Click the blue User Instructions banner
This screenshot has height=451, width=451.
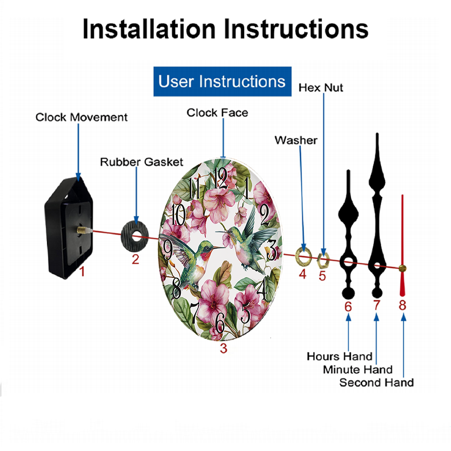pyautogui.click(x=222, y=81)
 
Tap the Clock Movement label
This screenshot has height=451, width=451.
pyautogui.click(x=81, y=117)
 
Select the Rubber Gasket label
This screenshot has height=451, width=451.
pyautogui.click(x=142, y=162)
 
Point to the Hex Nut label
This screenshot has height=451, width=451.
pyautogui.click(x=321, y=88)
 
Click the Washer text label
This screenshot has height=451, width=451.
pyautogui.click(x=296, y=140)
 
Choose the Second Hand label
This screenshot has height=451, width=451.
pyautogui.click(x=377, y=382)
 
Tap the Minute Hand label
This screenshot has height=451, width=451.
pyautogui.click(x=358, y=370)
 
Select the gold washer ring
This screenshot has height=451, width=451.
pyautogui.click(x=298, y=256)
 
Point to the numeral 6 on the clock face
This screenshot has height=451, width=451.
pyautogui.click(x=220, y=323)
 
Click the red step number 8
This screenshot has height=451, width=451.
pyautogui.click(x=402, y=305)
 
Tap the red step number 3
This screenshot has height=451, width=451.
pyautogui.click(x=224, y=348)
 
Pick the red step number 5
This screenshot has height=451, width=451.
pyautogui.click(x=322, y=276)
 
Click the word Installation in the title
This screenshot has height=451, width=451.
pyautogui.click(x=149, y=29)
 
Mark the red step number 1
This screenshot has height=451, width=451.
pyautogui.click(x=82, y=272)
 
